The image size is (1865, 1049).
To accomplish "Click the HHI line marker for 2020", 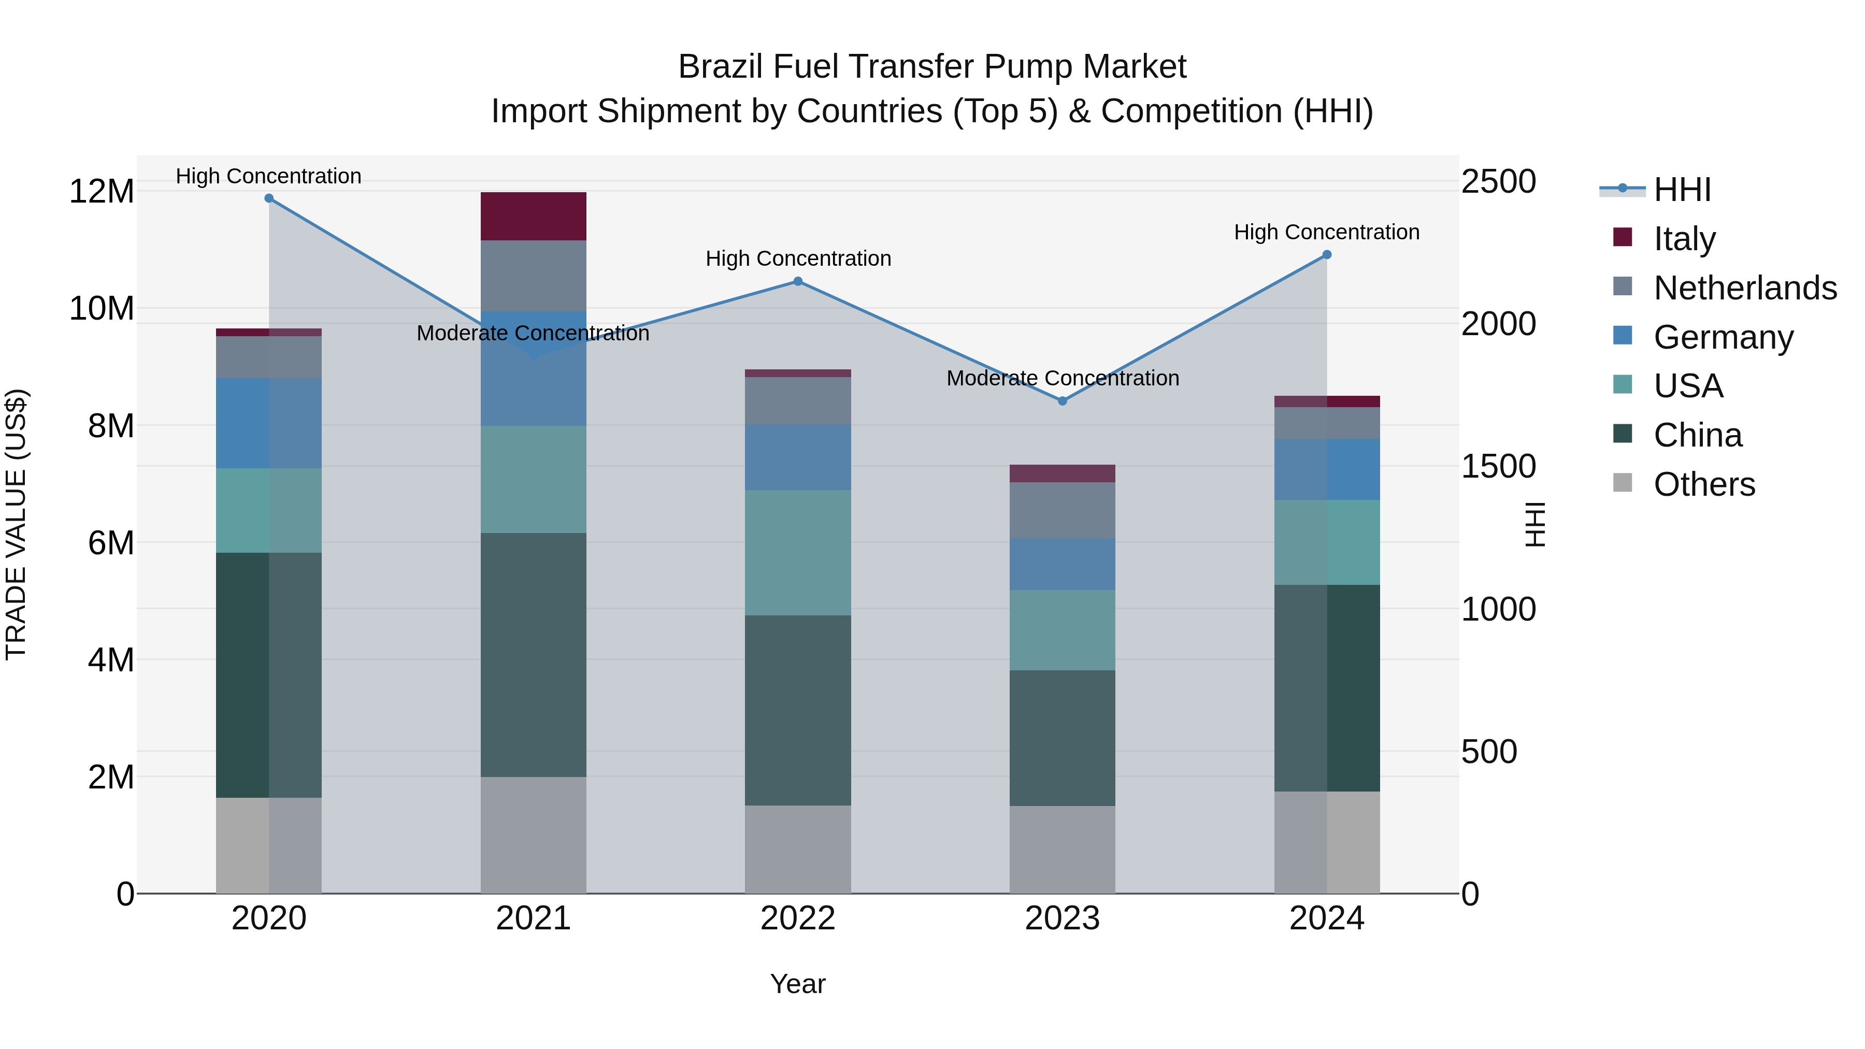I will (x=268, y=198).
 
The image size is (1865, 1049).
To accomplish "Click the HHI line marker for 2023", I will (x=1062, y=401).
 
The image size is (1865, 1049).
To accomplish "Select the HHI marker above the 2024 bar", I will (x=1326, y=255).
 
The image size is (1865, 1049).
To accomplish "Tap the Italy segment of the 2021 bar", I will (x=533, y=217).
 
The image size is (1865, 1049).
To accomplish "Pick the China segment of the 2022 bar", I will (x=798, y=710).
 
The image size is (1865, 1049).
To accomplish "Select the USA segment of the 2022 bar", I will (x=798, y=553).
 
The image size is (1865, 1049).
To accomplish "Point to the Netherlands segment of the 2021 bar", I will (x=533, y=276).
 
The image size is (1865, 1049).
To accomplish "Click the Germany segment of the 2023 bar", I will (x=1062, y=564).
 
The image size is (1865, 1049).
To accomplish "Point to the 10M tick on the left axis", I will (x=102, y=308).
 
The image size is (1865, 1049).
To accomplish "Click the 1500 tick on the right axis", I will (x=1498, y=466).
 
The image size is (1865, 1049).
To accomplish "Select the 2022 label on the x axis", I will (x=798, y=918).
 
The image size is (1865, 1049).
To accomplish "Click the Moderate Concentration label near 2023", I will (x=1062, y=378).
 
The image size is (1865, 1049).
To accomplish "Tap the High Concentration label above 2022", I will (x=798, y=258).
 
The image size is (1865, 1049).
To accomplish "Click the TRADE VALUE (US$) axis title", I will (x=16, y=524).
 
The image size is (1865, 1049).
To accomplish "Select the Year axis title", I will (x=798, y=984).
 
